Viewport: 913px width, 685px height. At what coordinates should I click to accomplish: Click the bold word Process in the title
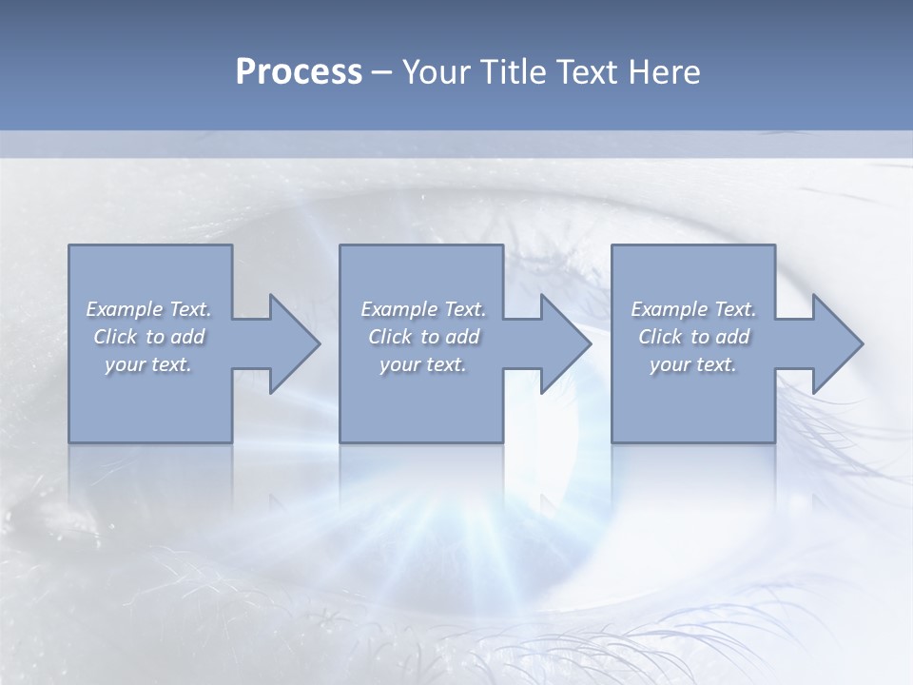tap(299, 72)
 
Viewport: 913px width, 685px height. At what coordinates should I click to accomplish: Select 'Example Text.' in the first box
tap(148, 309)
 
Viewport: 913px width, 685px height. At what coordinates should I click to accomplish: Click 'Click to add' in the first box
tap(148, 337)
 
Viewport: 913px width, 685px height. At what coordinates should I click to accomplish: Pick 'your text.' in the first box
tap(148, 364)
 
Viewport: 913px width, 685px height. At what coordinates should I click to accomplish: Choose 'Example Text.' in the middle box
tap(423, 309)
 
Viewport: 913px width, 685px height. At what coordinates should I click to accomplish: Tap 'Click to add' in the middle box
tap(423, 337)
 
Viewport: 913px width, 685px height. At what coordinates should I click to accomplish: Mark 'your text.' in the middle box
tap(423, 364)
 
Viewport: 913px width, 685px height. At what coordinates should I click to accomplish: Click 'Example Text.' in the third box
tap(693, 309)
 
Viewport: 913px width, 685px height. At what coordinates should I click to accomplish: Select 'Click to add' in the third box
tap(693, 337)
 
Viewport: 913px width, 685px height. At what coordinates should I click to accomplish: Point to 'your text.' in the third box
tap(693, 364)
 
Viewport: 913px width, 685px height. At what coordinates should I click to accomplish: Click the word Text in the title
tap(588, 72)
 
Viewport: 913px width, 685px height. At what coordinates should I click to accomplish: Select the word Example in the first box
tap(125, 309)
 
